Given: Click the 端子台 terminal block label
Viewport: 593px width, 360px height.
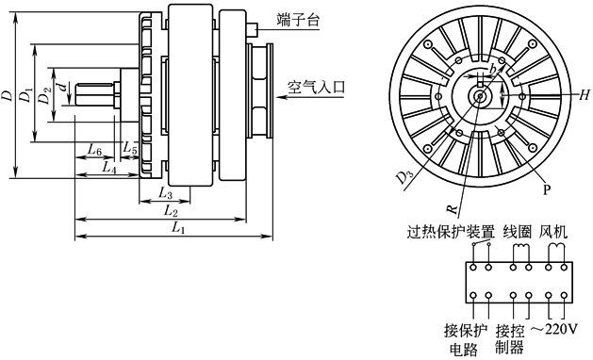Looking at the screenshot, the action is point(298,19).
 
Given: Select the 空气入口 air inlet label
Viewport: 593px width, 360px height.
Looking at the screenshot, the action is point(316,88).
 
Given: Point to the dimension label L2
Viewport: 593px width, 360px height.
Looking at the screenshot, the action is point(171,211).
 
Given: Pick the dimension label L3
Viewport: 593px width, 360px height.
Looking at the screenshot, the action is point(165,194).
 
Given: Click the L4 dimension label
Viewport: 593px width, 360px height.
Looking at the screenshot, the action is point(109,167).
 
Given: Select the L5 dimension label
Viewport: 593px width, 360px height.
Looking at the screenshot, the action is point(130,147).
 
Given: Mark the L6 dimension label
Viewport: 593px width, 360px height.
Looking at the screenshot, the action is point(94,151).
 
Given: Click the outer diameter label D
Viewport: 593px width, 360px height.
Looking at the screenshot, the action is point(7,95).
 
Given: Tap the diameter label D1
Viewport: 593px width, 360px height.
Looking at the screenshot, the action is point(26,94).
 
